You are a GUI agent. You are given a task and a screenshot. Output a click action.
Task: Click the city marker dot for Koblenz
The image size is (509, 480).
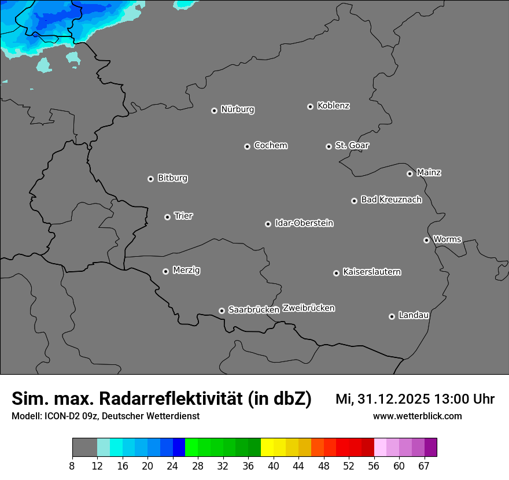310,106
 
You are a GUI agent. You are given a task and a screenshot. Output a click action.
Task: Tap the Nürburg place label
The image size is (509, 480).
237,109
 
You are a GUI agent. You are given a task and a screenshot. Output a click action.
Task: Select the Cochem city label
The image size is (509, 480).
270,145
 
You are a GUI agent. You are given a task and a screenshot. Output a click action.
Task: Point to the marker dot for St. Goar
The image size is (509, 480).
329,146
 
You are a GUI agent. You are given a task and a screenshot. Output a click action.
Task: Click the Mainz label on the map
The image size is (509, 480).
429,172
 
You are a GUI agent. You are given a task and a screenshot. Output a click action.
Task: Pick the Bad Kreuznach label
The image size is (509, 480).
391,200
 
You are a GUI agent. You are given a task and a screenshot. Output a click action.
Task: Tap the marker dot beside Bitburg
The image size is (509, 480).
150,179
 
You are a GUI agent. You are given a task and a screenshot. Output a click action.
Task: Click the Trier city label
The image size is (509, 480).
183,216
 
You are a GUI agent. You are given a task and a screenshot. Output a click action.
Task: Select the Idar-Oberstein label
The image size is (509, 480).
304,223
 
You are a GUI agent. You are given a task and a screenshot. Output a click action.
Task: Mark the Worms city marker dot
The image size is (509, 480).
426,240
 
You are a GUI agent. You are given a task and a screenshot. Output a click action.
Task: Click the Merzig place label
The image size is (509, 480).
186,270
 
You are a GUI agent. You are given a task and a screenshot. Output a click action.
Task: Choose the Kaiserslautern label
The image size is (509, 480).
371,272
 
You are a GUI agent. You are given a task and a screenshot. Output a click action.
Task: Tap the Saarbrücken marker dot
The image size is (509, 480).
222,311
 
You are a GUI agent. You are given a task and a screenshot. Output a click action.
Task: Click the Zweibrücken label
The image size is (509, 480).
308,308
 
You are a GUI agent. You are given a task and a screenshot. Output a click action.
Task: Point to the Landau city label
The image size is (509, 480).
414,315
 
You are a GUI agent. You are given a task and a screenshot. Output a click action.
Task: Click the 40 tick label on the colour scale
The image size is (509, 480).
274,466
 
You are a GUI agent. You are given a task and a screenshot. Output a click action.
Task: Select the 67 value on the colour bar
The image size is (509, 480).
424,466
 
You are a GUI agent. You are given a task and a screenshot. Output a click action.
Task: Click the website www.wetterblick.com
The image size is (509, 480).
417,416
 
